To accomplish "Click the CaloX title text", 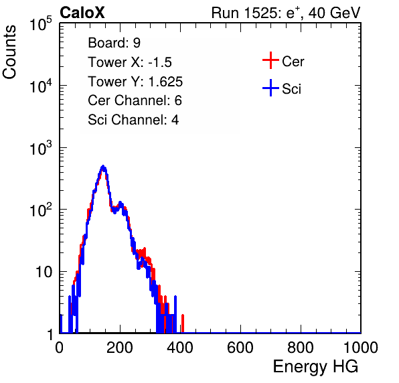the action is [82, 13].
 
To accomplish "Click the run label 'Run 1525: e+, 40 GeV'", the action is [286, 13].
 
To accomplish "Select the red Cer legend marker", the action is [270, 60].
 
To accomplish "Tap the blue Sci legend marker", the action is [270, 88].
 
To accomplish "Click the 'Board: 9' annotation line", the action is [114, 43].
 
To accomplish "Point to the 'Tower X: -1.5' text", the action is [130, 62].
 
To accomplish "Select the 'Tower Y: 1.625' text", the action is [135, 82].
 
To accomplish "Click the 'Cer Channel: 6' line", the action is [135, 100].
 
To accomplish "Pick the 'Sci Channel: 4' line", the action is [133, 120].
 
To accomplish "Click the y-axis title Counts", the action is [9, 52].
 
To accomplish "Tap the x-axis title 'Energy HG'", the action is [315, 367].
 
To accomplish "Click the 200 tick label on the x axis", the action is [120, 348].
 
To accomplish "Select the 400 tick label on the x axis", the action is [180, 348].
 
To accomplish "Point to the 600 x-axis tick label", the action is [240, 348].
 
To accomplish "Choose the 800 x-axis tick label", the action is [301, 348].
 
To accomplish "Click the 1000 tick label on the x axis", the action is [361, 348].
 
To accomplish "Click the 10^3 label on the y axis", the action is [41, 148].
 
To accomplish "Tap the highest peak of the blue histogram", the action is [103, 167].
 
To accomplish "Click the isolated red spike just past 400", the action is [183, 323].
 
